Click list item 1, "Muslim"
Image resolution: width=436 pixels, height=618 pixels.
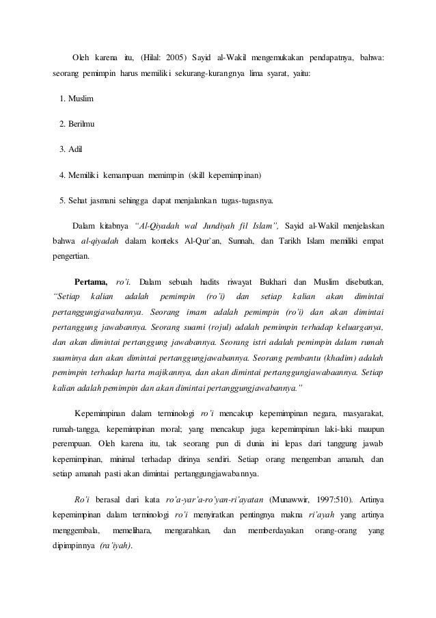click(81, 99)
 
